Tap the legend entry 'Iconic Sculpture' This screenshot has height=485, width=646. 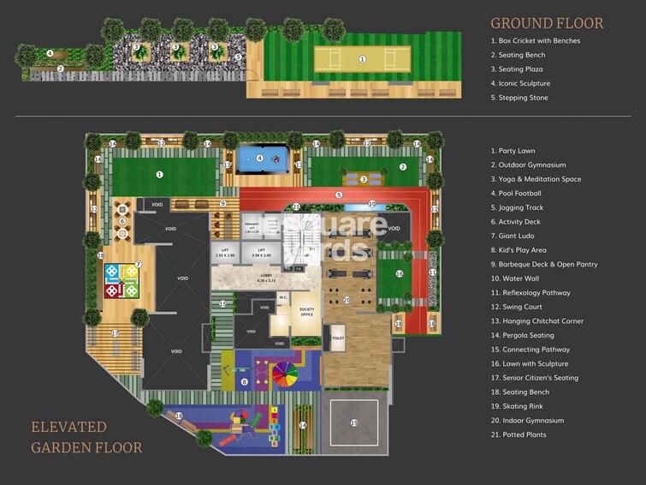[520, 83]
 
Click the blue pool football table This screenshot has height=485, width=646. [259, 159]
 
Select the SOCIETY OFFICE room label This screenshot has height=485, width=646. [307, 311]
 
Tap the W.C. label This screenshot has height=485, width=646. [282, 297]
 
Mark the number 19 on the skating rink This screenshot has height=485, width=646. [353, 422]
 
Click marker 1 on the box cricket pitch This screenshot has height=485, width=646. [363, 59]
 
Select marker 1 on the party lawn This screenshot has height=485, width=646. [159, 174]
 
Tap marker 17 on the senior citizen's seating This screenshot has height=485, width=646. [114, 333]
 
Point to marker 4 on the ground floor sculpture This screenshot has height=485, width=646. [50, 53]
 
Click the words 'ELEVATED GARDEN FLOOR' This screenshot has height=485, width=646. [86, 437]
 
